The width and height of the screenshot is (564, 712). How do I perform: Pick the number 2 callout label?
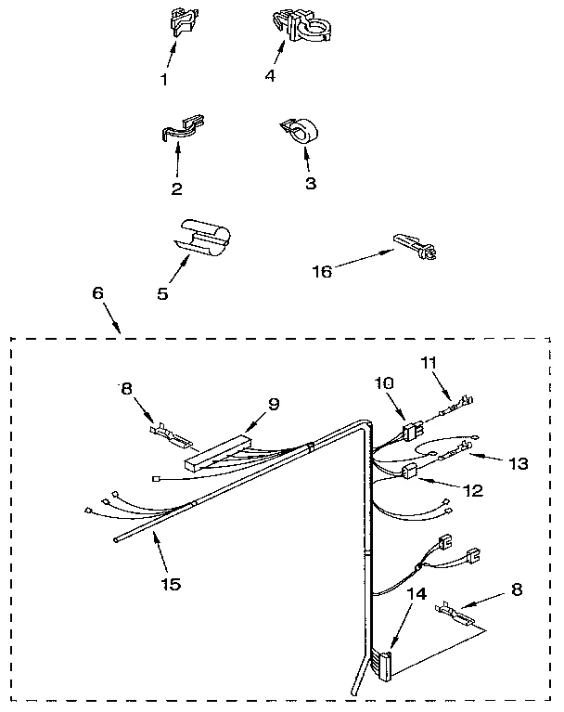click(176, 188)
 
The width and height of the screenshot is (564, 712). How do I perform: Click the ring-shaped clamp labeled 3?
click(298, 133)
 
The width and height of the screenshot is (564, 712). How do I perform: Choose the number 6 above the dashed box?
click(98, 292)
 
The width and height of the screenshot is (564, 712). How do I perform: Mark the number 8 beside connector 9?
click(127, 388)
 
